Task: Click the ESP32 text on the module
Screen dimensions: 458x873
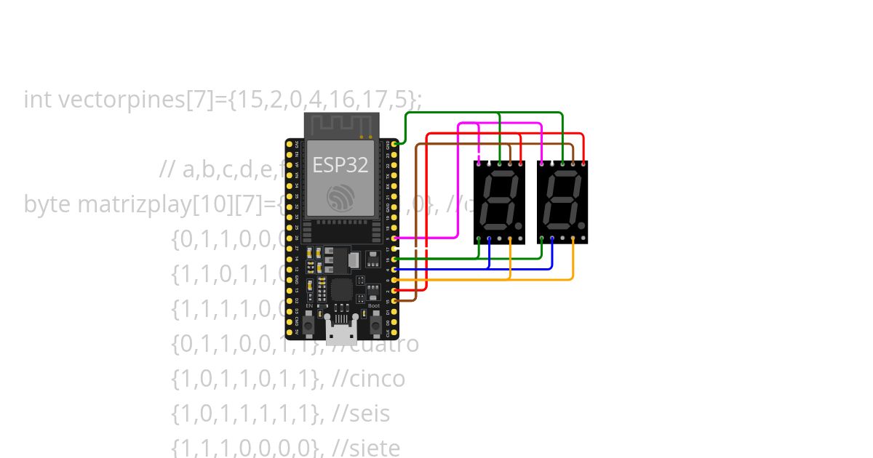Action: (340, 165)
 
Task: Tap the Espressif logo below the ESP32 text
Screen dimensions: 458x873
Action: (340, 197)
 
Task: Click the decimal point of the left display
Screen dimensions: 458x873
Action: (519, 226)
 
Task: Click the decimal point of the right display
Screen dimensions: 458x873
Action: (582, 226)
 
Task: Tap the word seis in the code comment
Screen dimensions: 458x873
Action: (370, 414)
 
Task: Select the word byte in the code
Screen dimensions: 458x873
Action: (47, 204)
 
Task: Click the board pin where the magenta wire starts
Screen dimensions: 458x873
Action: (394, 238)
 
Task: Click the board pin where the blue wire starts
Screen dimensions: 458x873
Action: (394, 269)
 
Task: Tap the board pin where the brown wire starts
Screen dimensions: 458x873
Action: (394, 300)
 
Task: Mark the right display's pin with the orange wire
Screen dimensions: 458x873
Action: (573, 238)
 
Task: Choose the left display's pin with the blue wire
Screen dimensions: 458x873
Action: (489, 238)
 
